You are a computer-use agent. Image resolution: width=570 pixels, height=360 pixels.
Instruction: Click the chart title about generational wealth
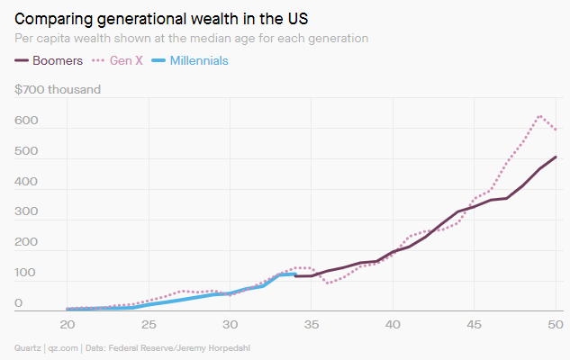162,18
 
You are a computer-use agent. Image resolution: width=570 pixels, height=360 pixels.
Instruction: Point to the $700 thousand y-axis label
58,89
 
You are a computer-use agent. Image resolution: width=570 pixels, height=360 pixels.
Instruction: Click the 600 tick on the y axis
27,121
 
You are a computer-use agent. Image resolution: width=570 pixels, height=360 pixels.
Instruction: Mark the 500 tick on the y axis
27,151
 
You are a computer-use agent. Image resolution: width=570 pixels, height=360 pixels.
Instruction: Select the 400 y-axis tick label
27,182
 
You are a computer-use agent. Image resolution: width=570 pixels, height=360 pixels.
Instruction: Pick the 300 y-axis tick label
27,212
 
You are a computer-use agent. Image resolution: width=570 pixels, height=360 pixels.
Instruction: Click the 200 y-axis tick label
27,243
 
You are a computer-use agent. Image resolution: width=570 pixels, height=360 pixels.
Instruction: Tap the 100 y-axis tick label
27,274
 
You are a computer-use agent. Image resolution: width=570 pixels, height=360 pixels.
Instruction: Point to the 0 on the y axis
18,304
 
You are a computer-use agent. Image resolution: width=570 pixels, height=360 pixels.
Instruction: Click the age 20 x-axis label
67,324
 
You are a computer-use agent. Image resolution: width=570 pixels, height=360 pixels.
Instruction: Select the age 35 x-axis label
312,324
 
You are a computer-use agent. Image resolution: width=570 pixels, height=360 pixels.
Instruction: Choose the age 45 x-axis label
475,324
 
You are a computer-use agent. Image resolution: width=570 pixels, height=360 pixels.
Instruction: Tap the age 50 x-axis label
556,324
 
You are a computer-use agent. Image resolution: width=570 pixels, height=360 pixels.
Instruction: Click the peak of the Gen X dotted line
540,115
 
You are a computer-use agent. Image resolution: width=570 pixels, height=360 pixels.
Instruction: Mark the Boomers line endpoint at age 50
556,157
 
